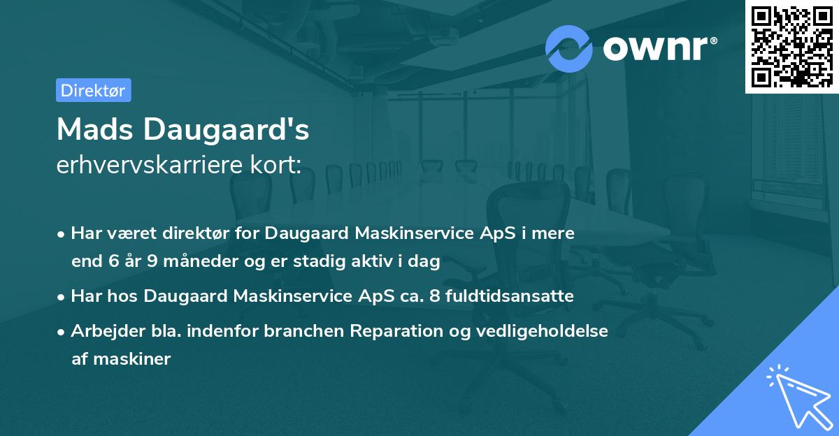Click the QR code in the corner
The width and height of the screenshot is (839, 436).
792,46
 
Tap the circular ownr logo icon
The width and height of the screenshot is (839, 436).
569,48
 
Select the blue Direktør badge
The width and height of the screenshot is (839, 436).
94,90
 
